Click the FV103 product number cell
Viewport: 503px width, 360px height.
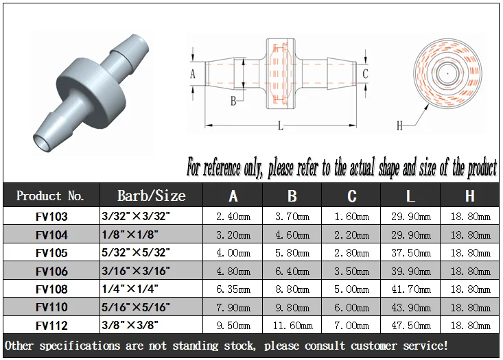pyautogui.click(x=51, y=217)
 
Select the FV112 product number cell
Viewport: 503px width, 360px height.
pyautogui.click(x=51, y=326)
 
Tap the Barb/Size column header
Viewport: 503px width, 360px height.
pyautogui.click(x=152, y=195)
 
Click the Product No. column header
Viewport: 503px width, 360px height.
pyautogui.click(x=51, y=196)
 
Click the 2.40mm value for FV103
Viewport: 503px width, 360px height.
pyautogui.click(x=233, y=217)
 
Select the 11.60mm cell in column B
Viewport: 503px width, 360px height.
pyautogui.click(x=292, y=326)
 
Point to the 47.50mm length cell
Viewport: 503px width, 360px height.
pyautogui.click(x=410, y=326)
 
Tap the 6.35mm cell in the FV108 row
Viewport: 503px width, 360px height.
pyautogui.click(x=233, y=289)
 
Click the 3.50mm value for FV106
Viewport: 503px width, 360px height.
pyautogui.click(x=351, y=271)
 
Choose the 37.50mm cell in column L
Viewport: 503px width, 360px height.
pyautogui.click(x=410, y=253)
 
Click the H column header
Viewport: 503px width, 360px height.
pyautogui.click(x=469, y=196)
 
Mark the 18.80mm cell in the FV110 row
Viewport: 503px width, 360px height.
pyautogui.click(x=469, y=308)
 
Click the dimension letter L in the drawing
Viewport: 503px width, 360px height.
pyautogui.click(x=280, y=126)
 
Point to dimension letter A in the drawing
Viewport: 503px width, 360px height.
pyautogui.click(x=193, y=73)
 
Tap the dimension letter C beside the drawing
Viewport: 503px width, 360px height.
pyautogui.click(x=365, y=73)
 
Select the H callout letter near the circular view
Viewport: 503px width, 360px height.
pyautogui.click(x=399, y=125)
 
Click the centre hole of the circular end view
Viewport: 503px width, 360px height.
pyautogui.click(x=447, y=71)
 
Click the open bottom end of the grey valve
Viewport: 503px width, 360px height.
pyautogui.click(x=43, y=143)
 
